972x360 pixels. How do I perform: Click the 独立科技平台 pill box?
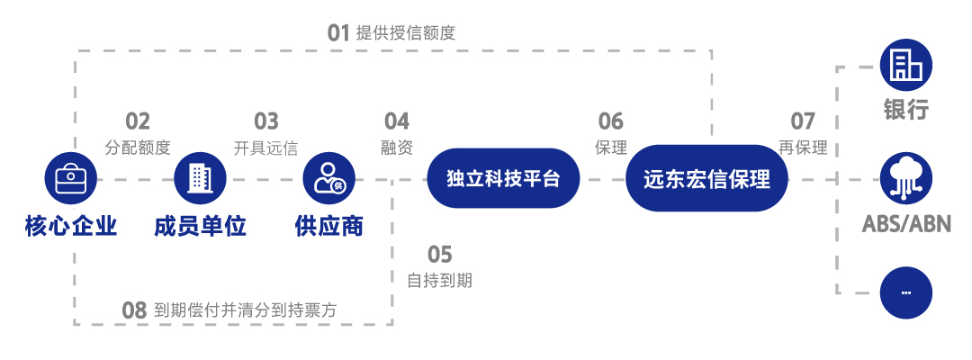(x=503, y=179)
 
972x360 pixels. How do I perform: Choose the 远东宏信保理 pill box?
(x=706, y=179)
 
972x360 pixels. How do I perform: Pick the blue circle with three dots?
(x=905, y=292)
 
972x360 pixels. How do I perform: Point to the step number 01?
(x=337, y=34)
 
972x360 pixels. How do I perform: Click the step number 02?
(x=138, y=121)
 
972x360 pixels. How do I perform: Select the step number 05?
(x=439, y=255)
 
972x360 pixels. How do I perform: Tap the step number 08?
(x=134, y=311)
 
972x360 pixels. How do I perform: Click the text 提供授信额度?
(x=406, y=34)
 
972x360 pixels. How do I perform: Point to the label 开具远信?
(x=265, y=148)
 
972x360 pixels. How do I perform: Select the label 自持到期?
(x=439, y=280)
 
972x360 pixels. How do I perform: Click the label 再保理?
(x=803, y=148)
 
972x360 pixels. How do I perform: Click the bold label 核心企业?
(x=71, y=225)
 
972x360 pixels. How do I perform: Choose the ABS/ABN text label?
(x=906, y=224)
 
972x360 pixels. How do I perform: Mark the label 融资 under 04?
(x=397, y=148)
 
